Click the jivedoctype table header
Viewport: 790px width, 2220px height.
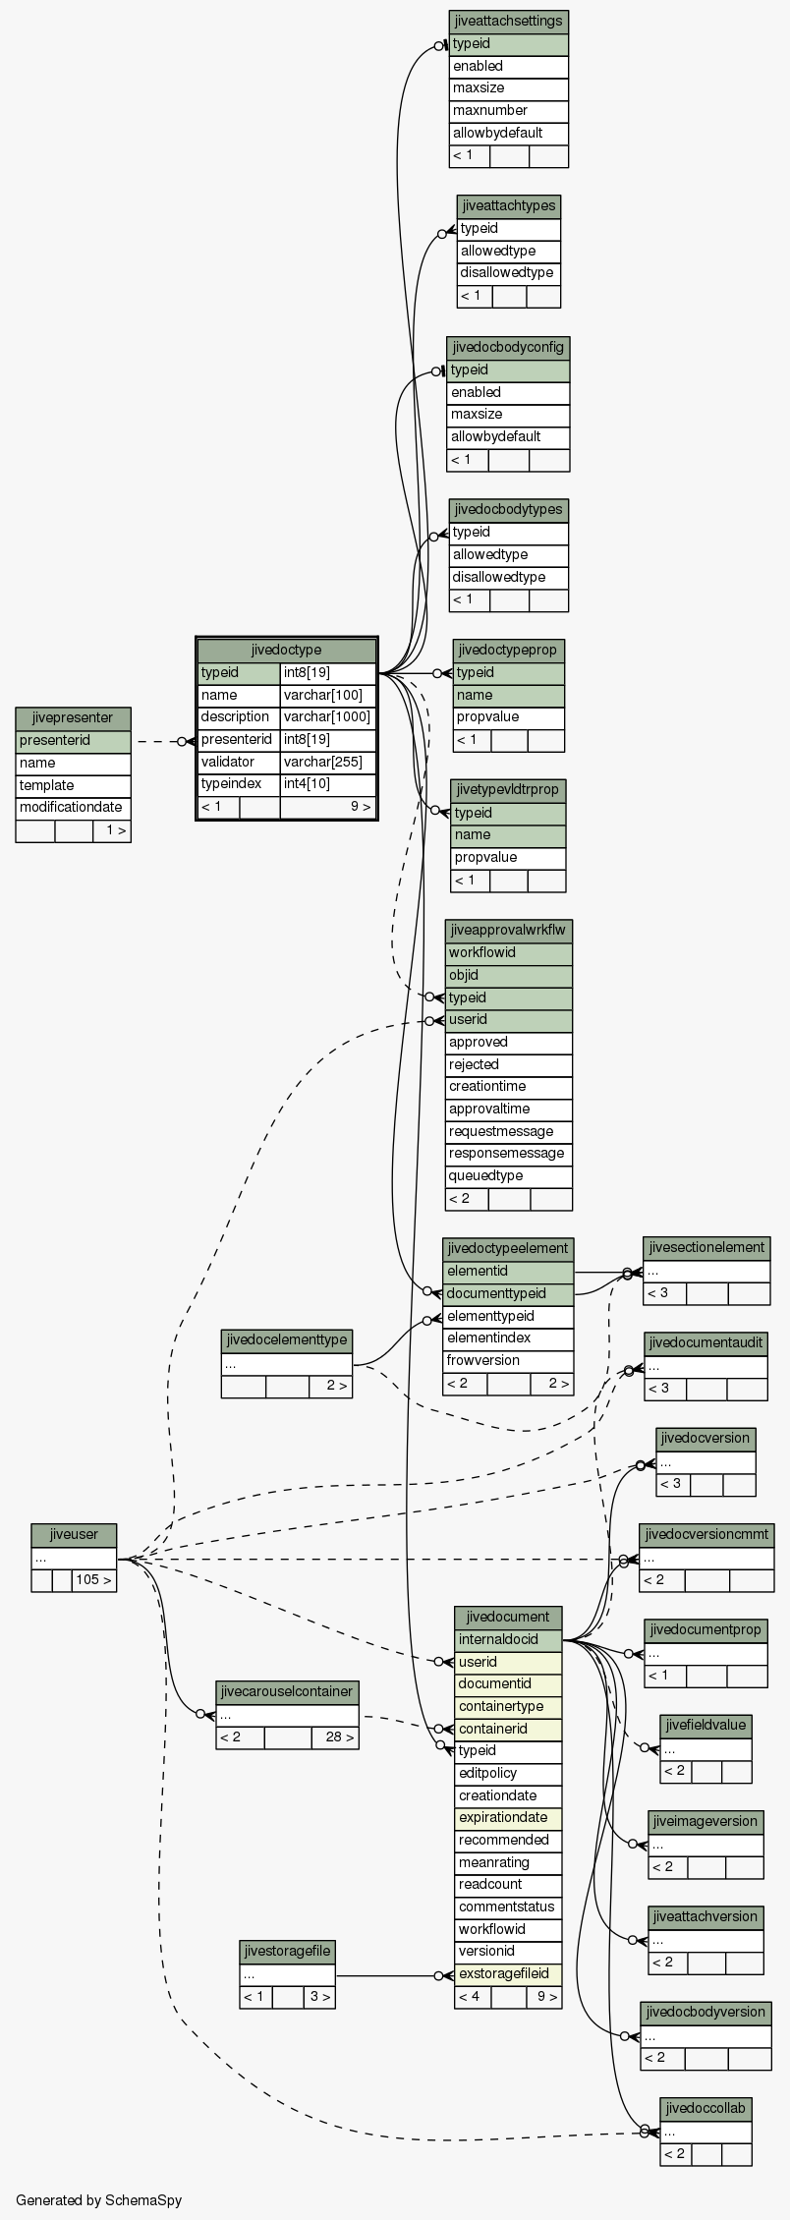287,650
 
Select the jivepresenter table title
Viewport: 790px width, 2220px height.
73,718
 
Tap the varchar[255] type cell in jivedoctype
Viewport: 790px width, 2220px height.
328,762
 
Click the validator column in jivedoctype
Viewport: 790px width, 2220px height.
239,762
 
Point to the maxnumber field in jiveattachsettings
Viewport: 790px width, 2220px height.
509,111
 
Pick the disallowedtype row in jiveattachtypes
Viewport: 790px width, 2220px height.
508,273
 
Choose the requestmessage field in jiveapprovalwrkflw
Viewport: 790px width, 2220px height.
508,1131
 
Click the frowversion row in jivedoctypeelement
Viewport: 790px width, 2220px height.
508,1361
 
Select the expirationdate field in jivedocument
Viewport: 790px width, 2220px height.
508,1818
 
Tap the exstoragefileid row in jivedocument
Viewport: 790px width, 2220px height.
508,1974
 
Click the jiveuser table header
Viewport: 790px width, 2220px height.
74,1535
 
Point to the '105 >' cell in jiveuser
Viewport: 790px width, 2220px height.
93,1581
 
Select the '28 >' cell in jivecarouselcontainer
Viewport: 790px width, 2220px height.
335,1737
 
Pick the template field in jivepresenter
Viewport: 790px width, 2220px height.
73,785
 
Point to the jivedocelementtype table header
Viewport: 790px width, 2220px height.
287,1340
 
